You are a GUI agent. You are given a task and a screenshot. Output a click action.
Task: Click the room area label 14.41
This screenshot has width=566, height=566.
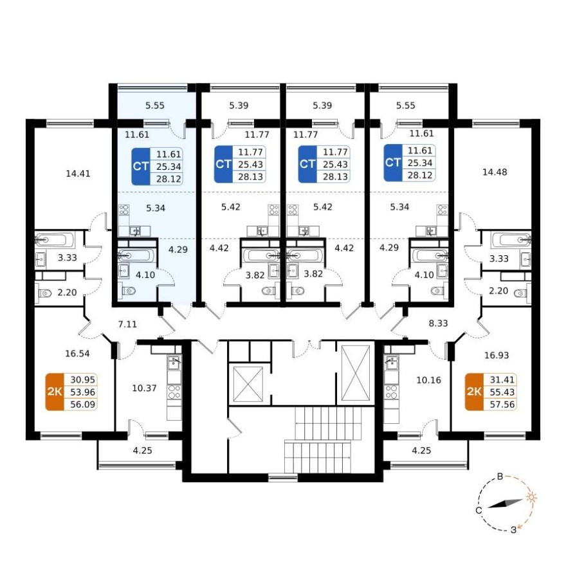tap(78, 174)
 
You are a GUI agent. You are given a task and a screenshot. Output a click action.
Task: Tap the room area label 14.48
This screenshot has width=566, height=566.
tap(495, 172)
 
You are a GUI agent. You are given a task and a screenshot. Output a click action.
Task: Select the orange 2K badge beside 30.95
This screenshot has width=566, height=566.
tap(55, 392)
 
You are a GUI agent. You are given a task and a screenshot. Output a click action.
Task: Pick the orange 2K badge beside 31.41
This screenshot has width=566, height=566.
tap(474, 392)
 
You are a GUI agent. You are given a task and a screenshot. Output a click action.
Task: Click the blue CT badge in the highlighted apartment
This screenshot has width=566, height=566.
tap(141, 167)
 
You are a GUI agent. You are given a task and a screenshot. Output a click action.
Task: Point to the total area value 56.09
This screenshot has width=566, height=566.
tap(83, 405)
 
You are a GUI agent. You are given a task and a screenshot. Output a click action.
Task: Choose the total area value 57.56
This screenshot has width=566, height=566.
tap(502, 405)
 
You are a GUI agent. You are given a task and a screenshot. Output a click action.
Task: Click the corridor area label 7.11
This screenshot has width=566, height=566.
tap(128, 324)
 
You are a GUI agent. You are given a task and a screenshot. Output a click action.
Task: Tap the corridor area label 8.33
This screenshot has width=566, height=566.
tap(438, 323)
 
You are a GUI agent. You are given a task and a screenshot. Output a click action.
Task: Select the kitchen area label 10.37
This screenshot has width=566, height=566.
tap(144, 388)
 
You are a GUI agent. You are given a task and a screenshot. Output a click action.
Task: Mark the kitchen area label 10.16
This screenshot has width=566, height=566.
tap(429, 380)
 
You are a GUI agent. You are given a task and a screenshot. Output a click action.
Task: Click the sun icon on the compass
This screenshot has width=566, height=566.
tap(531, 497)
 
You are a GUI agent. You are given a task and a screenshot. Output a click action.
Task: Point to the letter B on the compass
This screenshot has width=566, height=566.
tap(500, 477)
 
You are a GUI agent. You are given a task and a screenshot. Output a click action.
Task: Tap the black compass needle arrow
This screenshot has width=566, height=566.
tap(506, 504)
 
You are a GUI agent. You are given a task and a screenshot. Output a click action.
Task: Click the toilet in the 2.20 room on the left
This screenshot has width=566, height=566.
tap(45, 293)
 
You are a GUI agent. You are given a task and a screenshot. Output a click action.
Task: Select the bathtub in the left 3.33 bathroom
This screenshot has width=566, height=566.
tap(55, 240)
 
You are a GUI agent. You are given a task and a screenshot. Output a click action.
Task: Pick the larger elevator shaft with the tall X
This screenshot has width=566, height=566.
tap(356, 373)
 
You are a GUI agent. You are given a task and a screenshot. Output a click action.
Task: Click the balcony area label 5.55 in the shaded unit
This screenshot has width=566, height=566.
tap(155, 105)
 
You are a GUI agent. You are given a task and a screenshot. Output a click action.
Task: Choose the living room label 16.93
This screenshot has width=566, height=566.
tap(497, 355)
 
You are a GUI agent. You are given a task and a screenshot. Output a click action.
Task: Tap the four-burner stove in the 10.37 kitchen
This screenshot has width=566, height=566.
tap(174, 392)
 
